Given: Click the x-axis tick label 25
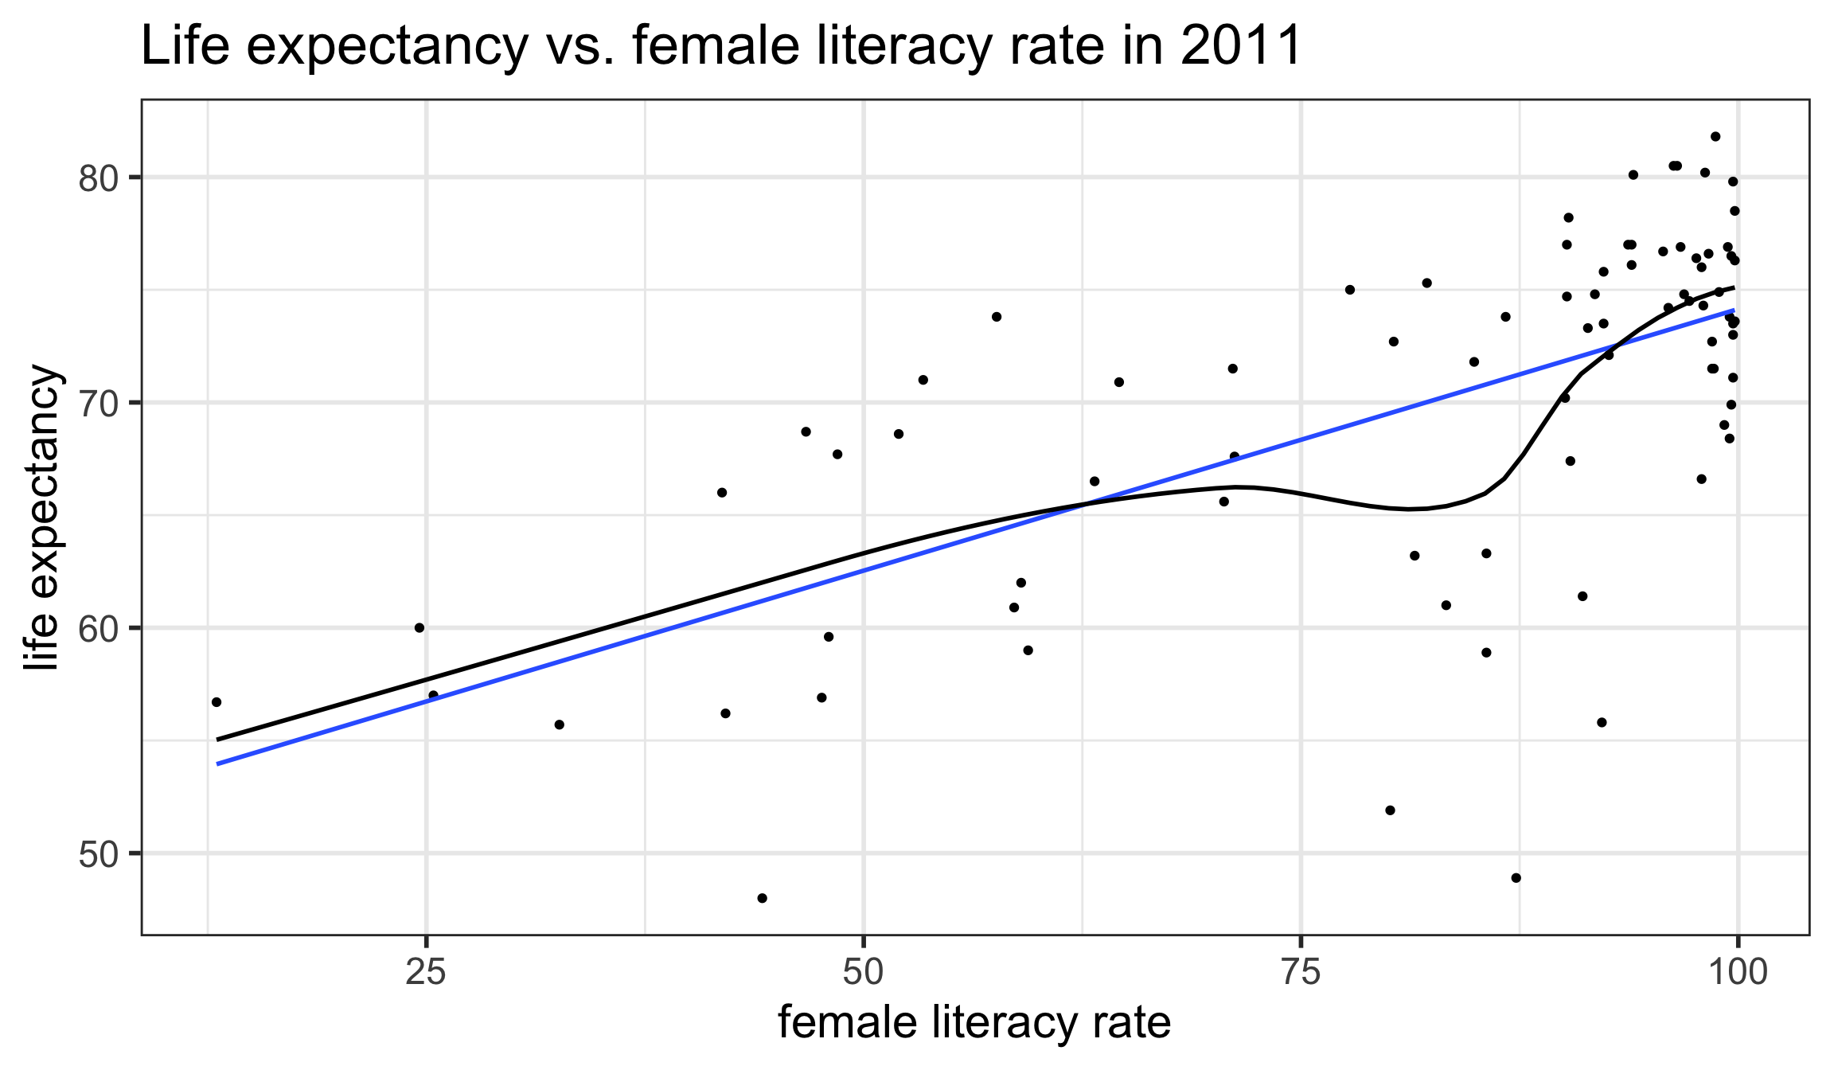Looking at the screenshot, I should pos(426,972).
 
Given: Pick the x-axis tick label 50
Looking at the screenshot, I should pos(864,972).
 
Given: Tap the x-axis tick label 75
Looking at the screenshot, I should pos(1301,972).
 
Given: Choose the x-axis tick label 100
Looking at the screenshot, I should pos(1738,972).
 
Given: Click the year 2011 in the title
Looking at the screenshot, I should pos(1241,46).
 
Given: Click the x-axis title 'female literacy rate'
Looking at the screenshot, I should pos(974,1023).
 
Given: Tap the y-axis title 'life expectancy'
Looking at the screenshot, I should pos(41,517).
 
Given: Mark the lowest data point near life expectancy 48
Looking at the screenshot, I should pos(762,898).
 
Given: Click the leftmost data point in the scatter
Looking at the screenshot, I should pos(217,702).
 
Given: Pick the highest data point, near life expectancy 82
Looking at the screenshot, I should pos(1715,137).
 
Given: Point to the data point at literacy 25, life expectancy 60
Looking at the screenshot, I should pos(419,628).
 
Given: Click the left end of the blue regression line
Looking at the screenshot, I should pos(217,764).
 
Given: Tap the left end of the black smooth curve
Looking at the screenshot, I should pos(217,740).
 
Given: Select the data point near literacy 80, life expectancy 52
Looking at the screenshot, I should pos(1391,810).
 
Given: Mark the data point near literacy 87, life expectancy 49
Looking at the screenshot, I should pos(1516,878).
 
